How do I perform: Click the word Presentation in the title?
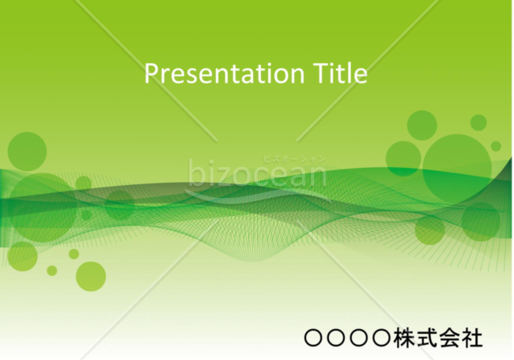click(x=225, y=73)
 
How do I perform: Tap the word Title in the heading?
click(x=340, y=73)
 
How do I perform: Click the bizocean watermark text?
click(x=257, y=173)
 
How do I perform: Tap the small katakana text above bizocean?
click(x=294, y=159)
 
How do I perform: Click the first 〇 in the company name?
click(x=314, y=338)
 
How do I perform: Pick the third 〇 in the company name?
click(x=360, y=338)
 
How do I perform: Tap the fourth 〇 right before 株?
click(x=382, y=338)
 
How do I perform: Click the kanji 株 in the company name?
click(x=404, y=338)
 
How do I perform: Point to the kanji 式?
click(x=426, y=338)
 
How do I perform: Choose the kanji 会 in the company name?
click(x=449, y=338)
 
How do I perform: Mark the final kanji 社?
click(x=472, y=338)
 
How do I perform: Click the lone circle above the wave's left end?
click(x=27, y=151)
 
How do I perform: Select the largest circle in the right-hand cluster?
click(x=457, y=169)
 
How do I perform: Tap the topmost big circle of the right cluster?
click(x=422, y=125)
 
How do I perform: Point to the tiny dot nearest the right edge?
click(x=496, y=146)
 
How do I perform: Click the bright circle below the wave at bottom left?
click(x=91, y=276)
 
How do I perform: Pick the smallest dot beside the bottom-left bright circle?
click(x=51, y=271)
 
